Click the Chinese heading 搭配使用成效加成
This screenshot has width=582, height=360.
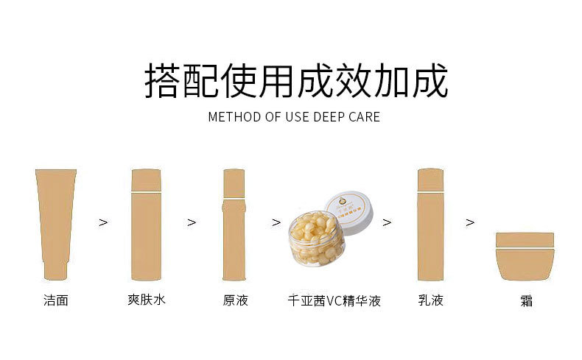[295, 81]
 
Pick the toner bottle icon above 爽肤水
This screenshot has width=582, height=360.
[145, 225]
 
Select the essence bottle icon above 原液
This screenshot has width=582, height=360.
[234, 225]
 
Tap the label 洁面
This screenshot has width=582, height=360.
[55, 300]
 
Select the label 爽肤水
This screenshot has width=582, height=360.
[146, 300]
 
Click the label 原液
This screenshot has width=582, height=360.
[235, 300]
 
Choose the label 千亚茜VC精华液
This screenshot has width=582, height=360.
[334, 300]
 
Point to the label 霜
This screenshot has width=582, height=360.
[525, 302]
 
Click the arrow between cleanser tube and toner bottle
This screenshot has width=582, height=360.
[102, 222]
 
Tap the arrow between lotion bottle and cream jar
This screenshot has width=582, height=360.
[470, 222]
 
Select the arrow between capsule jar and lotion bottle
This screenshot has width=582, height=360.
[386, 222]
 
